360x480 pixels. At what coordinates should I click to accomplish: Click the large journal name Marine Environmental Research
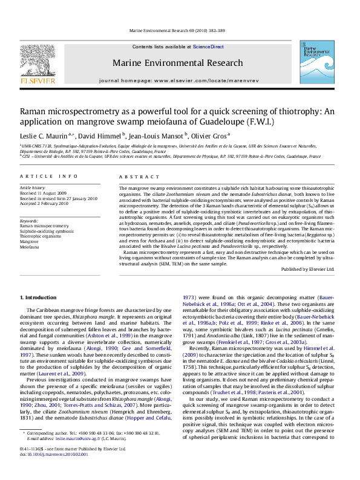click(180, 62)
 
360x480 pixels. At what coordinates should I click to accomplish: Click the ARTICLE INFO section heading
click(42, 176)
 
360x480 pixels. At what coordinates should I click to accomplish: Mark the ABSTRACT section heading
click(134, 176)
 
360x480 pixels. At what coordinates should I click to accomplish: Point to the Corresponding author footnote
click(48, 450)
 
